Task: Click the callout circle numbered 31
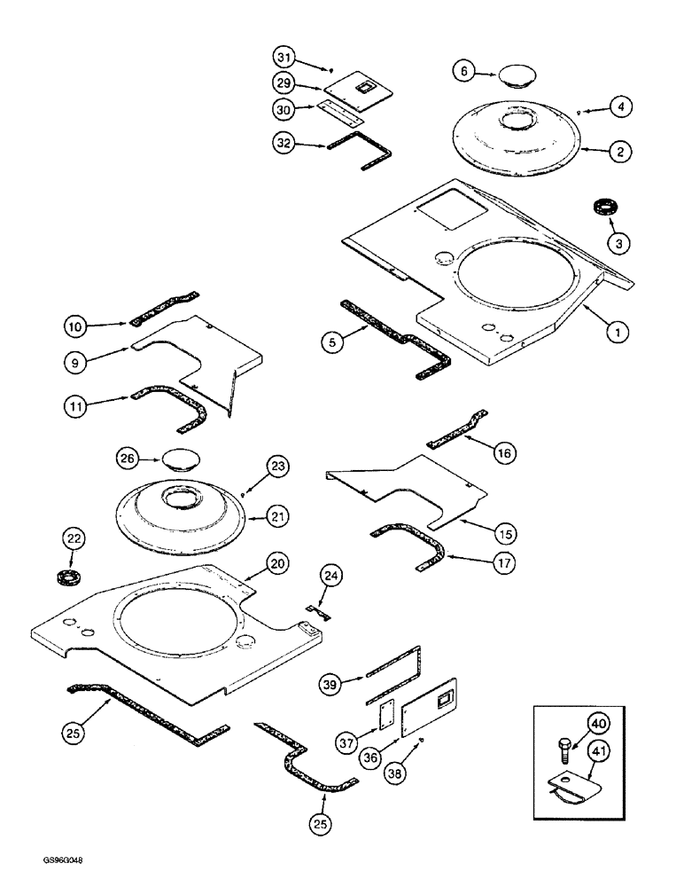(x=283, y=58)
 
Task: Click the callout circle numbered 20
(x=277, y=565)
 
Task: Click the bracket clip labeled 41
(x=569, y=788)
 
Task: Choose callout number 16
(x=504, y=453)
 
